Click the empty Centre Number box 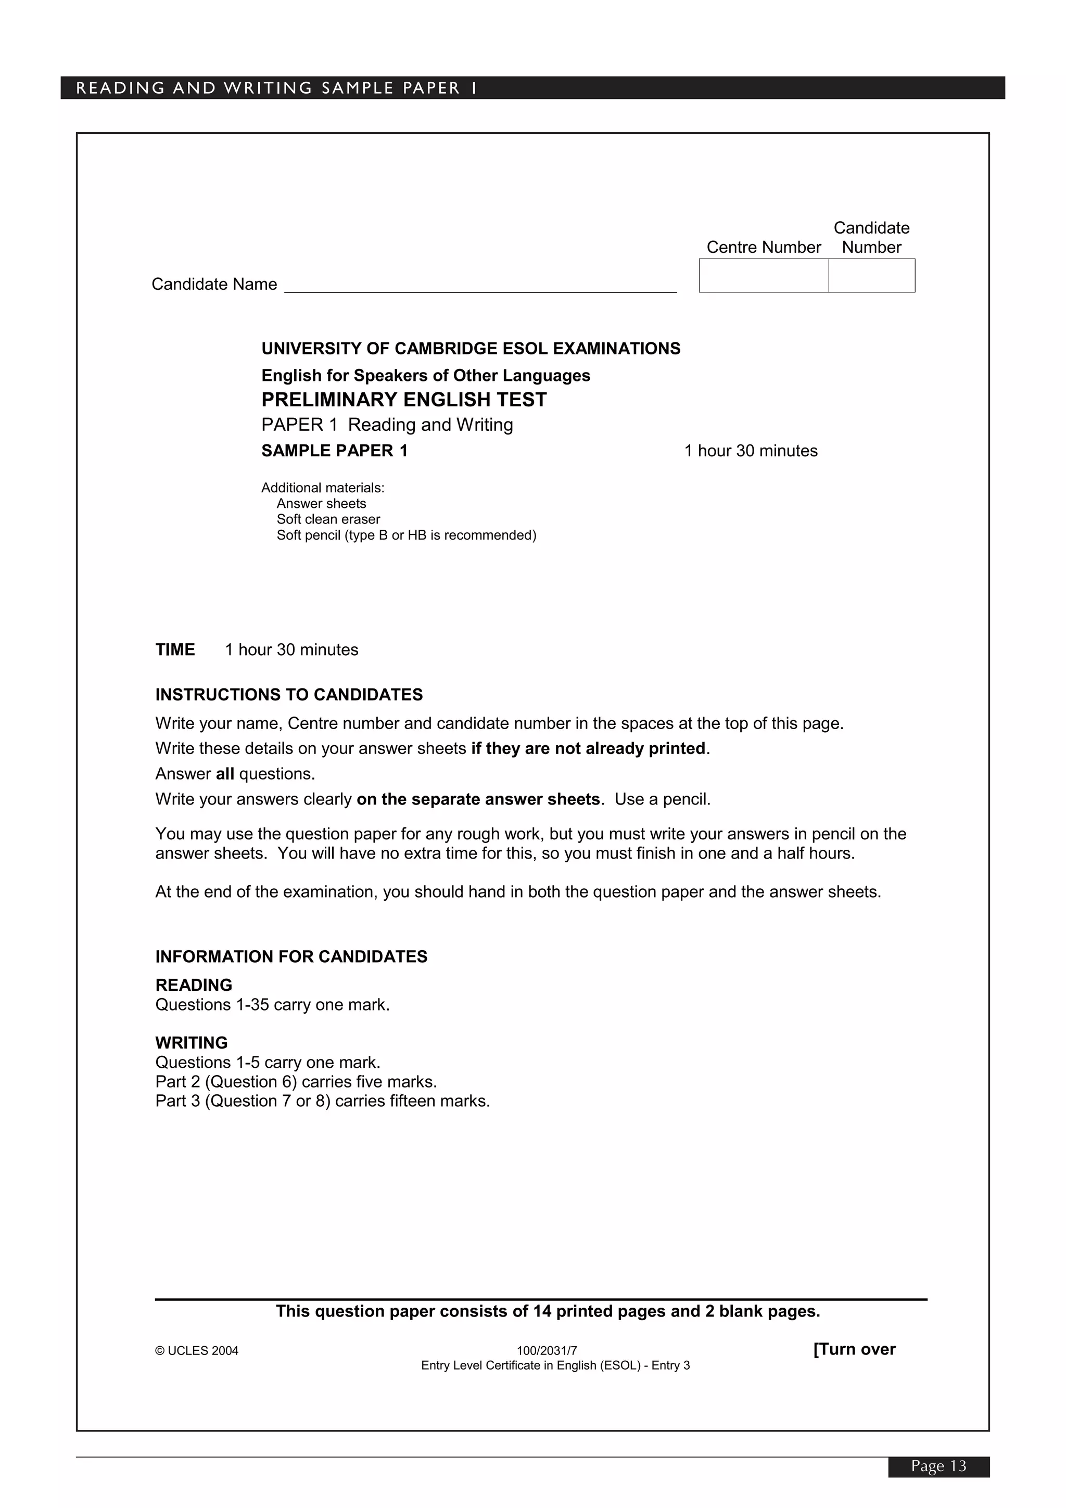click(x=763, y=275)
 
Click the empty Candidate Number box click(x=871, y=275)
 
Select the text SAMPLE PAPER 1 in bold click(x=334, y=451)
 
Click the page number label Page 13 click(x=938, y=1465)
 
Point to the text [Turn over click(x=854, y=1349)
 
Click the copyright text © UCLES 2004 click(x=196, y=1350)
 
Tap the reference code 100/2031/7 click(x=547, y=1350)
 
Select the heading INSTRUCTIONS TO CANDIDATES click(x=289, y=694)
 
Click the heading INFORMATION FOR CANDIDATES click(x=291, y=956)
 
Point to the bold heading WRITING click(x=191, y=1042)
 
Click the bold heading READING click(x=194, y=985)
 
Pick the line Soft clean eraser click(x=328, y=519)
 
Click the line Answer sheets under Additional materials click(x=321, y=503)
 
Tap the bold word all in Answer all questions click(x=225, y=774)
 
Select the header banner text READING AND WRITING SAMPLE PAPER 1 click(x=276, y=88)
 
